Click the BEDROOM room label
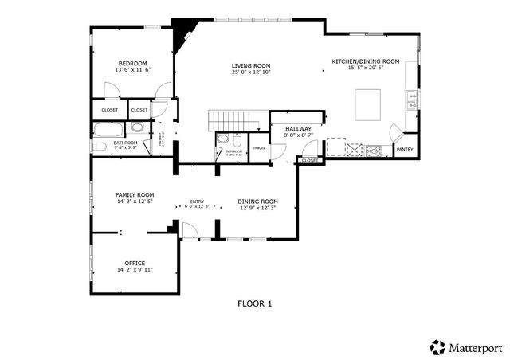pos(133,63)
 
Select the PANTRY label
pos(405,149)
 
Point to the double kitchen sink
pos(411,100)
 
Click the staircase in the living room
pos(235,120)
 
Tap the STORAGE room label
pos(259,147)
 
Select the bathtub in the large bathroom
pos(108,130)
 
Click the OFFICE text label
pos(135,263)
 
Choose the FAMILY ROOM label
pos(135,194)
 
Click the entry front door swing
pos(190,231)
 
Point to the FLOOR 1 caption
pos(255,303)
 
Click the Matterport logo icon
pos(437,347)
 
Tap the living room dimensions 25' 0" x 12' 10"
pos(251,72)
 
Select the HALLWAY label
pos(297,128)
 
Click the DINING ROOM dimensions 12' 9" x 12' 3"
pos(258,208)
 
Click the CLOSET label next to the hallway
pos(310,160)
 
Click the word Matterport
pos(475,347)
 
